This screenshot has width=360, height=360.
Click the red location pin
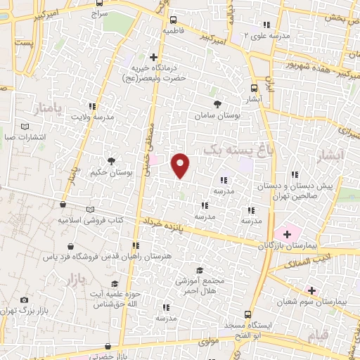[x=181, y=166]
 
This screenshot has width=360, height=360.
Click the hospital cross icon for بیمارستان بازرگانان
[x=286, y=233]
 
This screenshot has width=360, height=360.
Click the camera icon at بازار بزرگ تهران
[x=25, y=300]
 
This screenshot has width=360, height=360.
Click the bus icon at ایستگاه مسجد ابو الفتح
[x=250, y=315]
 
